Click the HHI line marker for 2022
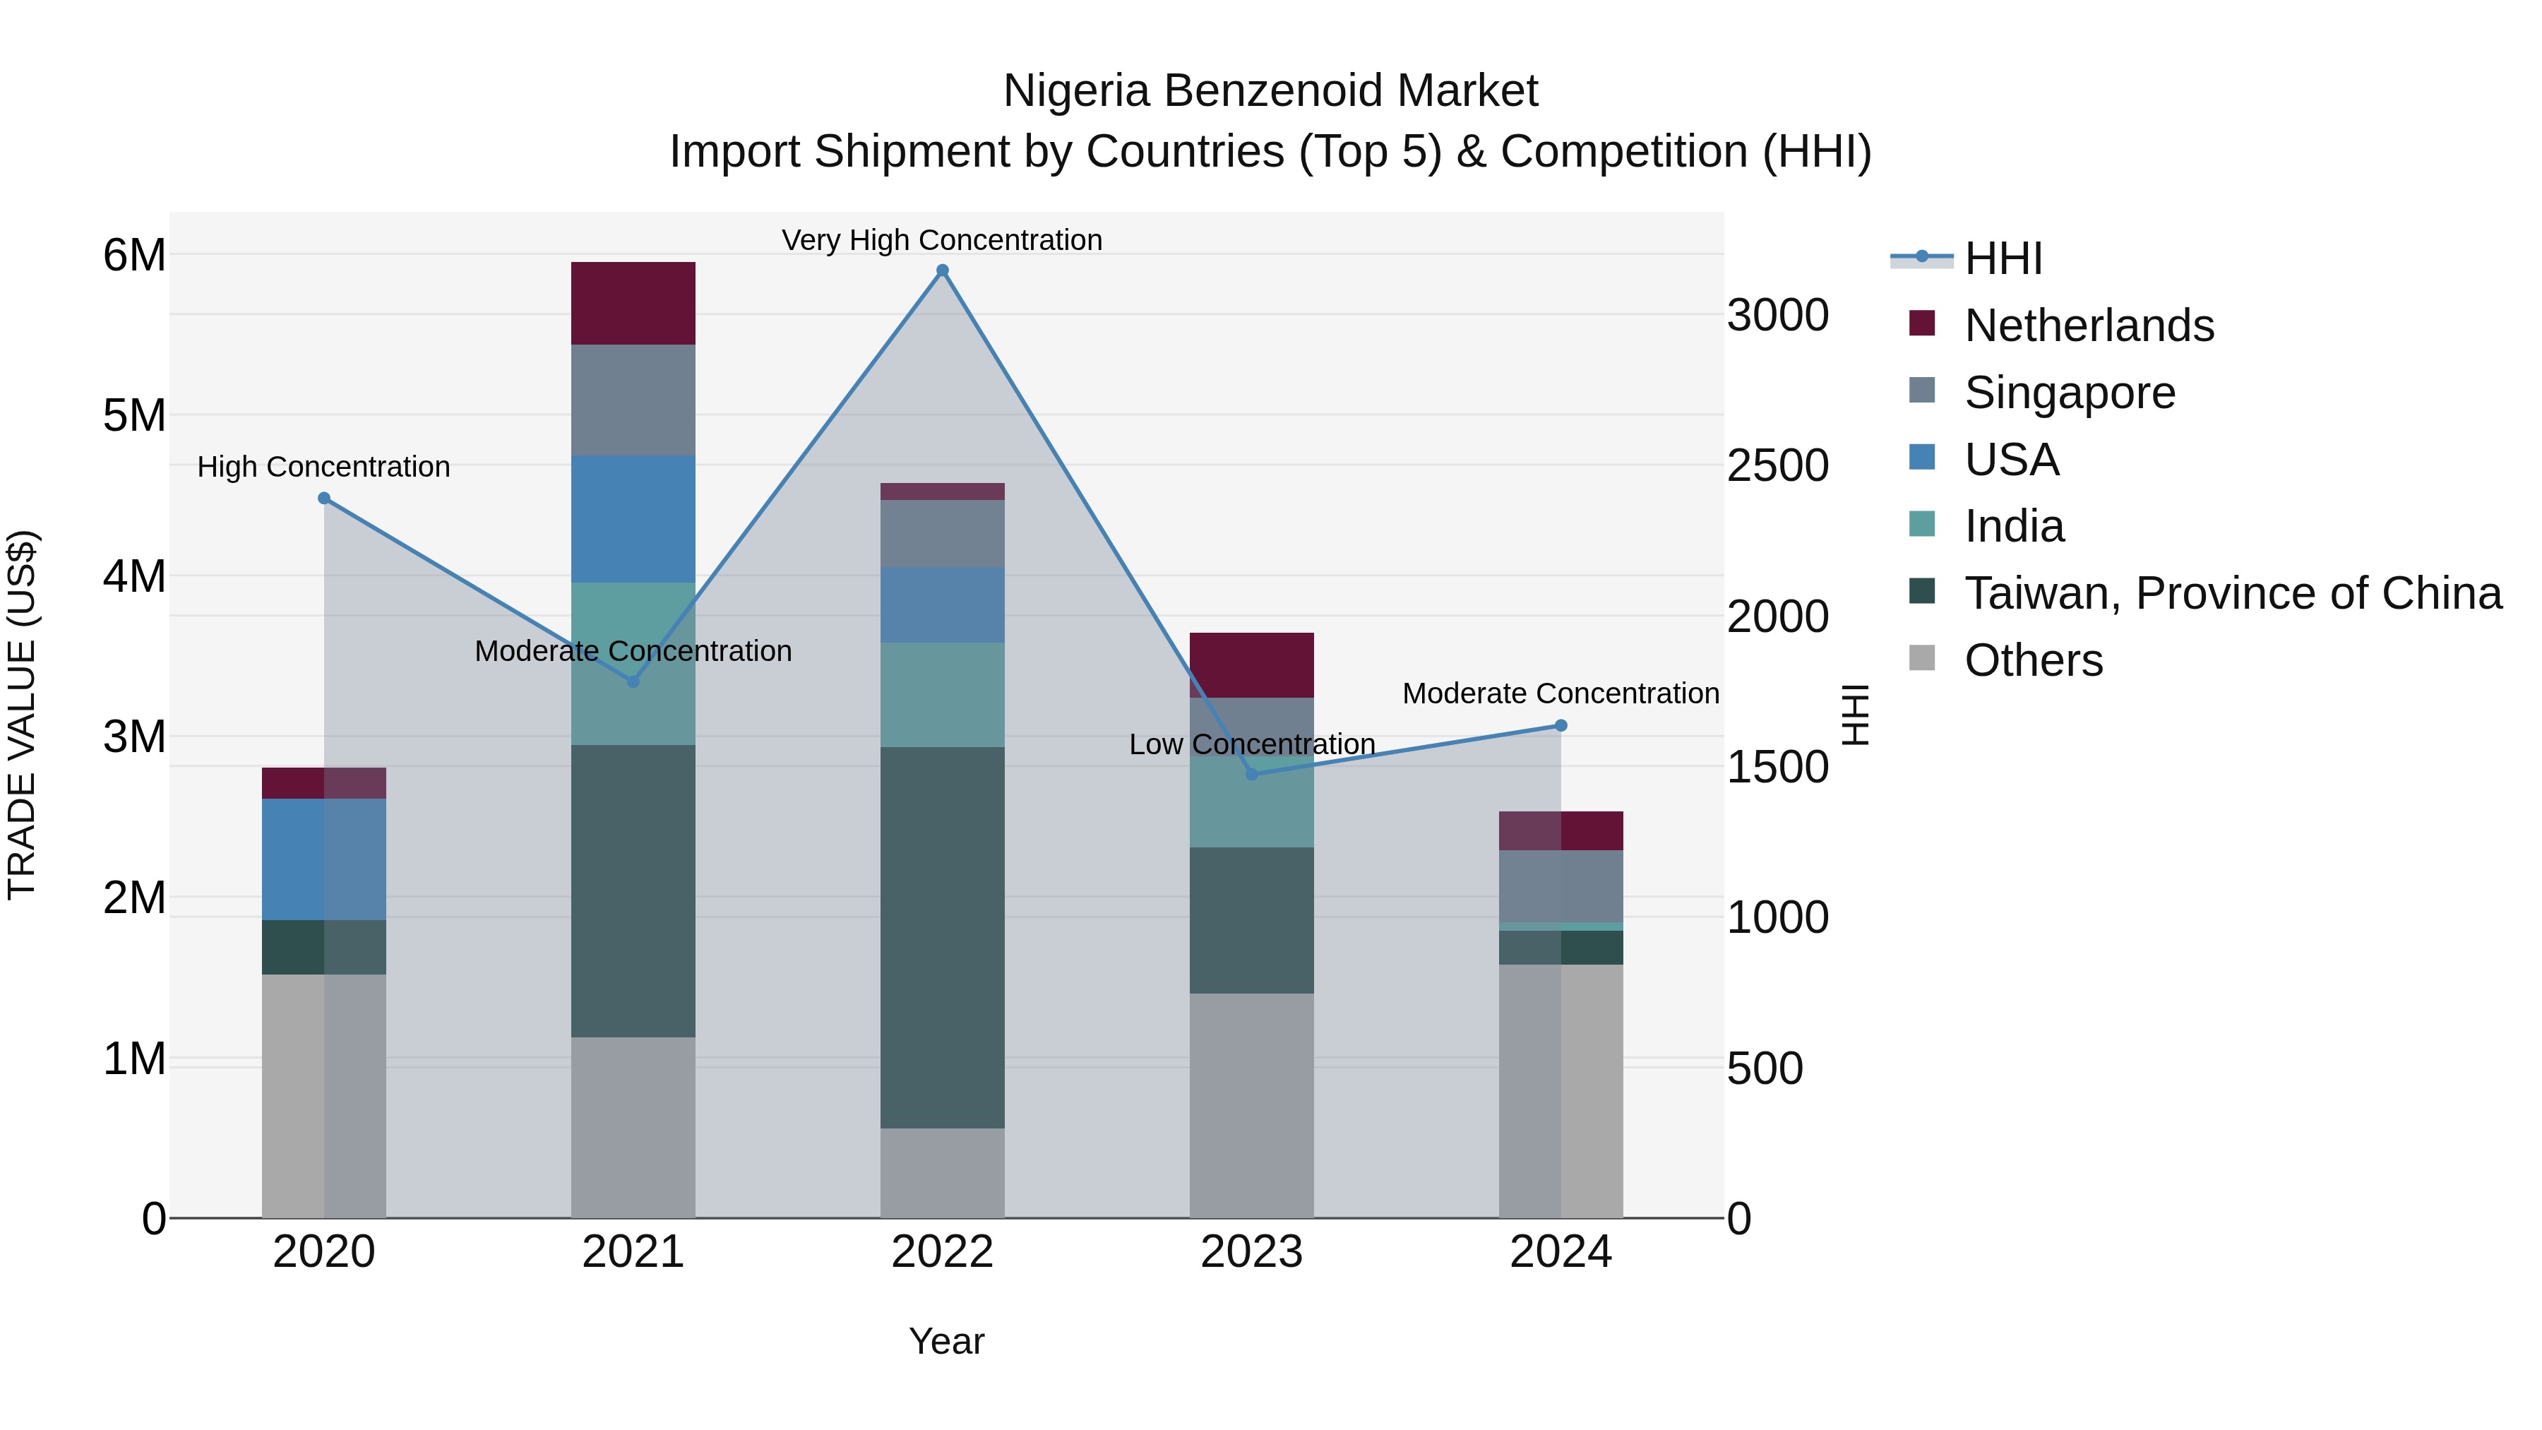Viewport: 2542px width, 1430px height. click(x=943, y=270)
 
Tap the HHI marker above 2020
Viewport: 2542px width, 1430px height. click(x=323, y=499)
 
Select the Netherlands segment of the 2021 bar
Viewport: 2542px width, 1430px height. click(x=633, y=303)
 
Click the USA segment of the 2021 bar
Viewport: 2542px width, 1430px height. click(x=633, y=518)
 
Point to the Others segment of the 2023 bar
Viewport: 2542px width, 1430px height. click(x=1251, y=1104)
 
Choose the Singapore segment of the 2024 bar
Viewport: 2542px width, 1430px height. click(x=1561, y=886)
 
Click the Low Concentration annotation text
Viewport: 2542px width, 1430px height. click(x=1251, y=744)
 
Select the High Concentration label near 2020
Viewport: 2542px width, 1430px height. click(x=323, y=467)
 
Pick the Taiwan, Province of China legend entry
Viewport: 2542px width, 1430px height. click(x=2232, y=593)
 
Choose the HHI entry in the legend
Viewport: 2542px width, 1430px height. click(x=2003, y=258)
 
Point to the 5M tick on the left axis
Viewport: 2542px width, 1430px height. click(x=134, y=415)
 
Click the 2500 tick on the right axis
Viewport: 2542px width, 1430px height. click(x=1777, y=466)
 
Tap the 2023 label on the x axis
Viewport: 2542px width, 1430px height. click(x=1251, y=1252)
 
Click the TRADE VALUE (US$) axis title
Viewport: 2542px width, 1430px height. click(x=22, y=715)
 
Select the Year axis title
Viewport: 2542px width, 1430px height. click(x=946, y=1341)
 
